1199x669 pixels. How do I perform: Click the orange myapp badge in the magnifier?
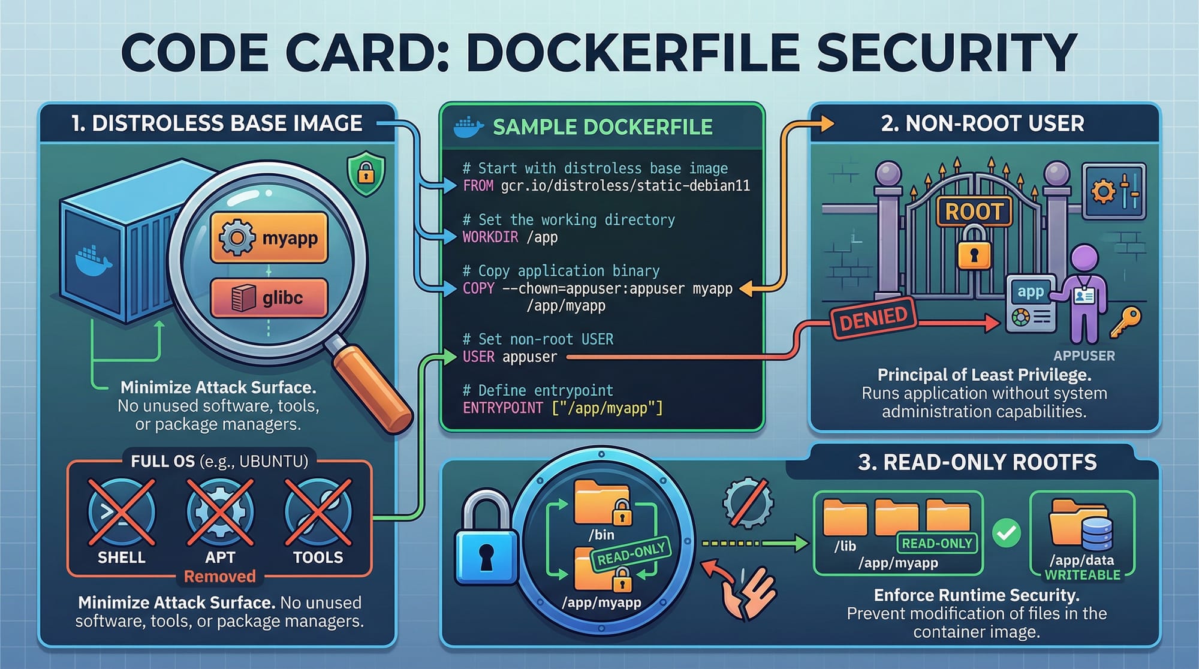(x=269, y=237)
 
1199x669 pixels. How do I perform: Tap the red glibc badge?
(x=269, y=297)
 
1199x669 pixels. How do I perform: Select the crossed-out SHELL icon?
(x=121, y=512)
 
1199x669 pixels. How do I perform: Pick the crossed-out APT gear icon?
(x=220, y=512)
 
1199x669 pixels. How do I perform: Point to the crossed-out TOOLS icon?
(x=318, y=512)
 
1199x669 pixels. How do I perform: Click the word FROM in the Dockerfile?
(x=478, y=186)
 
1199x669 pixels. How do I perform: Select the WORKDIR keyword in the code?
(x=490, y=237)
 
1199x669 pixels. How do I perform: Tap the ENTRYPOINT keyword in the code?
(x=502, y=408)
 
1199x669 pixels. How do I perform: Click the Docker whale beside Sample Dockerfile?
(x=468, y=127)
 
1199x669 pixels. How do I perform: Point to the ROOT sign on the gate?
(x=974, y=212)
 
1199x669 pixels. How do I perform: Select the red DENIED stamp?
(x=873, y=318)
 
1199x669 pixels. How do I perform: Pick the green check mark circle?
(x=1007, y=533)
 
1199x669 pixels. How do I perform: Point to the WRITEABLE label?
(x=1082, y=575)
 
